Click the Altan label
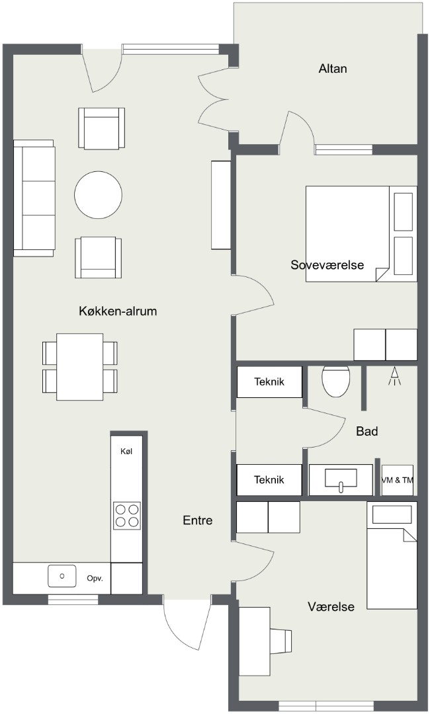[x=333, y=69]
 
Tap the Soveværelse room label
[x=327, y=264]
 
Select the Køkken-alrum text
[x=118, y=311]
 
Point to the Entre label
[x=198, y=520]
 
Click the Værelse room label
[x=331, y=606]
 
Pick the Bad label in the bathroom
[x=367, y=431]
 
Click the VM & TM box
[x=397, y=480]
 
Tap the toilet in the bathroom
[x=335, y=380]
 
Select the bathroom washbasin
[x=341, y=480]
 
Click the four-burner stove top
[x=126, y=516]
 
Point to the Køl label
[x=126, y=452]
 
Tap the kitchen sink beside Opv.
[x=62, y=576]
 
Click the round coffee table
[x=99, y=195]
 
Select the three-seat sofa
[x=34, y=198]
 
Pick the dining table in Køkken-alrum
[x=79, y=367]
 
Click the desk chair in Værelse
[x=280, y=640]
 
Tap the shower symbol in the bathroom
[x=395, y=377]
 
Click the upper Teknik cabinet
[x=269, y=381]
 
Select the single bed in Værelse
[x=392, y=555]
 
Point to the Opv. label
[x=95, y=578]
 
